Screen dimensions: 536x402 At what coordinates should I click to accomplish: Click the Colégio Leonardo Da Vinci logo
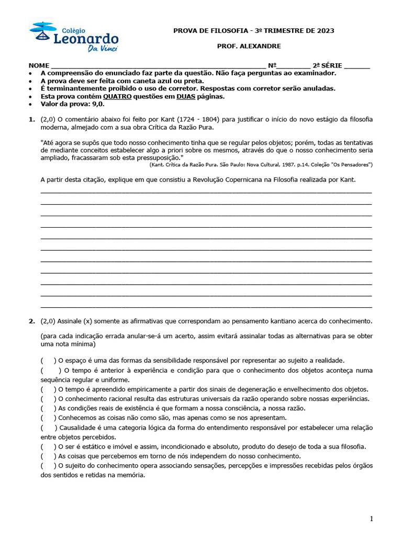74,37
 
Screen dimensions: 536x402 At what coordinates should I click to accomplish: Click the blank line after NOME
157,66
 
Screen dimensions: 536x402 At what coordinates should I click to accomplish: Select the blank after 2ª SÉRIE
357,66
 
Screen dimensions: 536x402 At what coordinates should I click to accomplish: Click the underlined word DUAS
186,96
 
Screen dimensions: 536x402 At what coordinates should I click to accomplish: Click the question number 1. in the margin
32,119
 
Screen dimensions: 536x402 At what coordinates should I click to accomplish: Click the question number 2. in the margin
32,320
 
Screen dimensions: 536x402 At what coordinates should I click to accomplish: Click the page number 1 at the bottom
371,519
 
